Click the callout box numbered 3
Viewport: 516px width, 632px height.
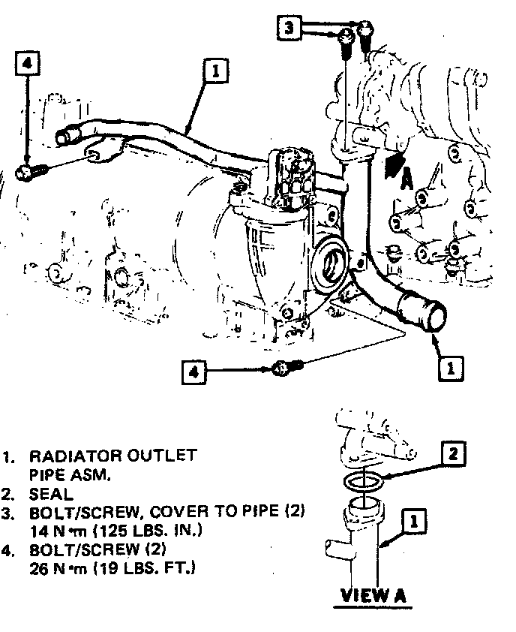click(x=289, y=29)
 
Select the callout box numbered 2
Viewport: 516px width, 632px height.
click(x=452, y=453)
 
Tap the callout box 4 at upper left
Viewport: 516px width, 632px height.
click(x=26, y=64)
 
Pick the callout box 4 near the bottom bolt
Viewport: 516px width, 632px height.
click(x=194, y=372)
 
